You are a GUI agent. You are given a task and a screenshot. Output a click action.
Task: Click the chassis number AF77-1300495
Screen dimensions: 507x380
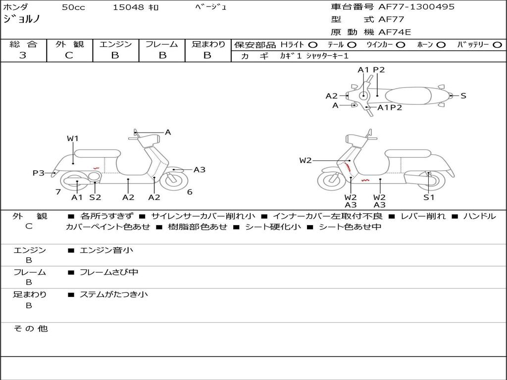tap(416, 7)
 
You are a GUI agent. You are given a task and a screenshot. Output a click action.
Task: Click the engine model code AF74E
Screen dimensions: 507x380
tap(395, 32)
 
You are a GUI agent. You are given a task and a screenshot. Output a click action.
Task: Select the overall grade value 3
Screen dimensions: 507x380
tap(23, 55)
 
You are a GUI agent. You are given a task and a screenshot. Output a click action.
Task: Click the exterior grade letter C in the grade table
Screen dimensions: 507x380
tap(69, 55)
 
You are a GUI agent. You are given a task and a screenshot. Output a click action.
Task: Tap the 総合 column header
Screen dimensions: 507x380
tap(23, 44)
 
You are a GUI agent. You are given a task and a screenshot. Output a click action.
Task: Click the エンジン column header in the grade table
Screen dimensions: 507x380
tap(115, 44)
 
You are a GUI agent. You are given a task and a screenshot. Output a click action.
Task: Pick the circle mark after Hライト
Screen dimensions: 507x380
tap(313, 45)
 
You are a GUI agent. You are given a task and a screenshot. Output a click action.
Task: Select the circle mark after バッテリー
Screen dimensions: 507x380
tap(497, 45)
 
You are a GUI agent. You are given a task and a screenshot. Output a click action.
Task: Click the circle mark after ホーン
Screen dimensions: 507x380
tap(441, 45)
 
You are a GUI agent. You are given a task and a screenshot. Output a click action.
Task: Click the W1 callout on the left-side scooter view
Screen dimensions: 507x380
tap(73, 139)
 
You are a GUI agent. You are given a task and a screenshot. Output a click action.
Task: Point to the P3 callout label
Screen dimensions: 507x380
tap(38, 173)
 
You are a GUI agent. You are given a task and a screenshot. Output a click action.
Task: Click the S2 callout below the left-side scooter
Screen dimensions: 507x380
tap(95, 197)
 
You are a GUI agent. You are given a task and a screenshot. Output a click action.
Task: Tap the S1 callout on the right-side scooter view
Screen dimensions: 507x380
tap(429, 197)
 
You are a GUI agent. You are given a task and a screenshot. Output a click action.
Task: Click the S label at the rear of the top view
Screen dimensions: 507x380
tap(463, 95)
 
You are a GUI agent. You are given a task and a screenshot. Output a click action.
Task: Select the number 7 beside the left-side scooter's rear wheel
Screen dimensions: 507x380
tap(58, 192)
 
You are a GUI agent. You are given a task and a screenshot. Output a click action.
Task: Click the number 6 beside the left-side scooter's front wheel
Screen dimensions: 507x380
tap(190, 192)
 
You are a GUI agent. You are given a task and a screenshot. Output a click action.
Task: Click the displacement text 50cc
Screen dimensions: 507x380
tap(73, 7)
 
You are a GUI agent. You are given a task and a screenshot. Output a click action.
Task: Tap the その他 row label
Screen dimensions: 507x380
tap(31, 329)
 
